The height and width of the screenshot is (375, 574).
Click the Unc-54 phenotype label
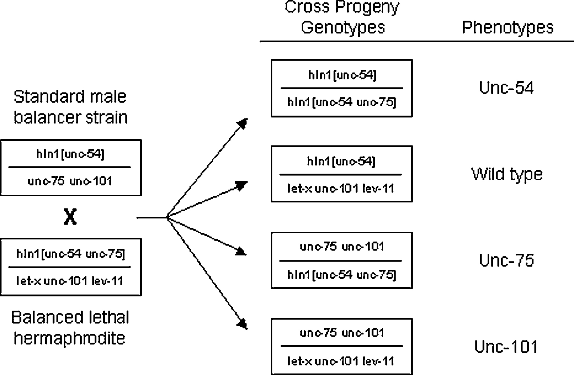[x=506, y=88]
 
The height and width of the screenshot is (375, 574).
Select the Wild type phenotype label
[x=507, y=175]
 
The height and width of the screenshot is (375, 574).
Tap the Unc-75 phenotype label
[x=507, y=260]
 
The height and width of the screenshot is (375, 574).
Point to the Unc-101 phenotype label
[x=506, y=347]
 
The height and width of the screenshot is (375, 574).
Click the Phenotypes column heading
[x=508, y=27]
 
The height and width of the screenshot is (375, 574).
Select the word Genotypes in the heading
[x=343, y=27]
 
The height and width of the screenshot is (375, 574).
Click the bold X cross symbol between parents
[x=70, y=217]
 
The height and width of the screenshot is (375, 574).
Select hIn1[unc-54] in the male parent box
[x=70, y=154]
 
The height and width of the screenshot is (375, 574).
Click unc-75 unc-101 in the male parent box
[x=70, y=181]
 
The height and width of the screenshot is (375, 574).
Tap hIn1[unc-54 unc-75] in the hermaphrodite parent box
[x=71, y=254]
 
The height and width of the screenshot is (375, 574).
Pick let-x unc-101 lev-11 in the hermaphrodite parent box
[x=70, y=281]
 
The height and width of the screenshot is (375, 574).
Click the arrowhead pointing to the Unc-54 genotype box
[x=243, y=124]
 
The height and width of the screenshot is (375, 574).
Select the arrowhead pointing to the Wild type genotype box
[x=242, y=185]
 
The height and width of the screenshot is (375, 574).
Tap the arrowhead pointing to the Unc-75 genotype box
[x=241, y=251]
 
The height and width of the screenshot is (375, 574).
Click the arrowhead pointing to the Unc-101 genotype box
[x=243, y=324]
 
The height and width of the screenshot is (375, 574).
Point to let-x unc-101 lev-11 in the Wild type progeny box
[x=341, y=189]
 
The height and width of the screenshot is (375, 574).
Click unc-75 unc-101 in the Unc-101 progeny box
[x=342, y=333]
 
